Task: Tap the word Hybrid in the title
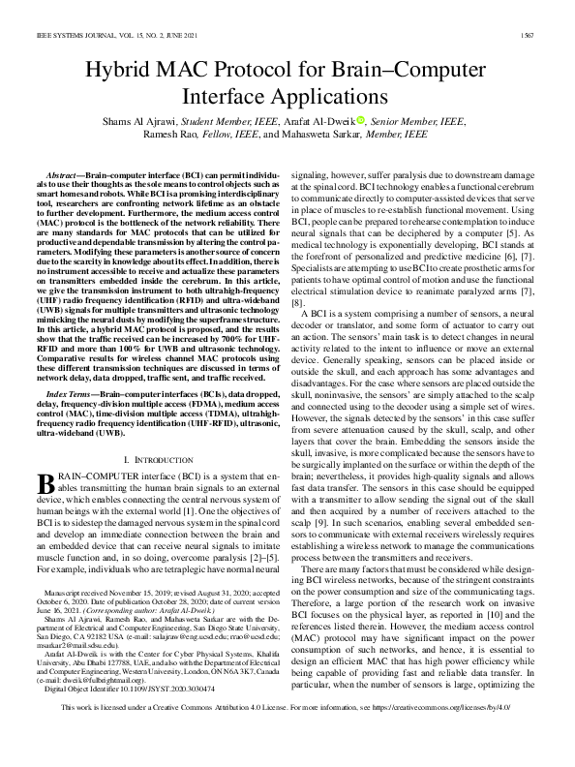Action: pos(119,71)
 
